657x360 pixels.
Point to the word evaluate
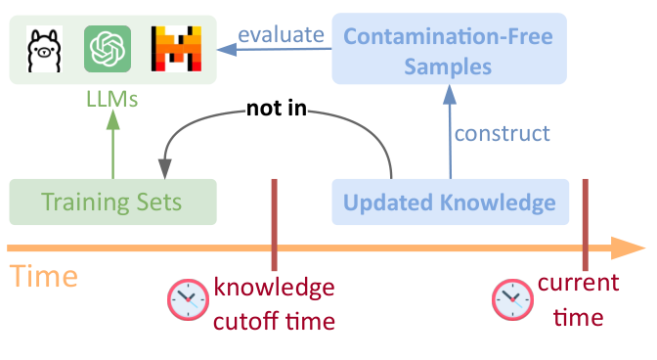(283, 35)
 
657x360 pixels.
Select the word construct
(503, 132)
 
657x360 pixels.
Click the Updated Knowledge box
(450, 203)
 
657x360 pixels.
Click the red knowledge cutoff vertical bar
(275, 224)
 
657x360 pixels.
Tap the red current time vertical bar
(585, 224)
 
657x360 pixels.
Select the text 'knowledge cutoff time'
(275, 303)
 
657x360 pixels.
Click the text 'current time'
(577, 299)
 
